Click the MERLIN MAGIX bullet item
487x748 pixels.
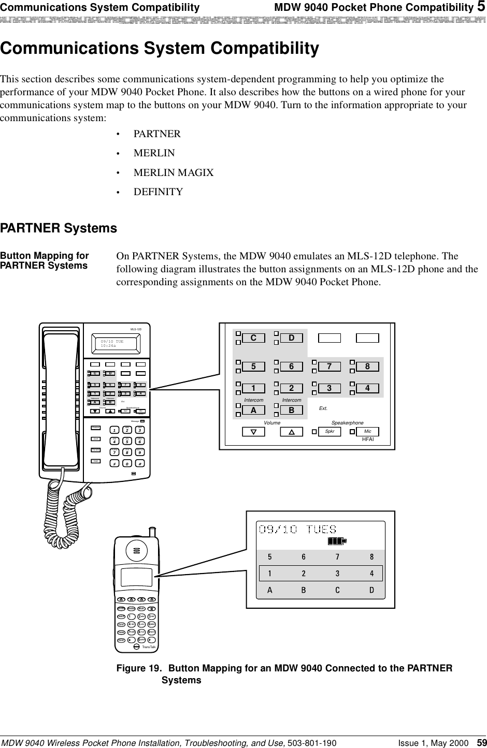pyautogui.click(x=173, y=172)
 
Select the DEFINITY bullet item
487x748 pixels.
pyautogui.click(x=158, y=192)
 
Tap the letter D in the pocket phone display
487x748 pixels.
pyautogui.click(x=371, y=591)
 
